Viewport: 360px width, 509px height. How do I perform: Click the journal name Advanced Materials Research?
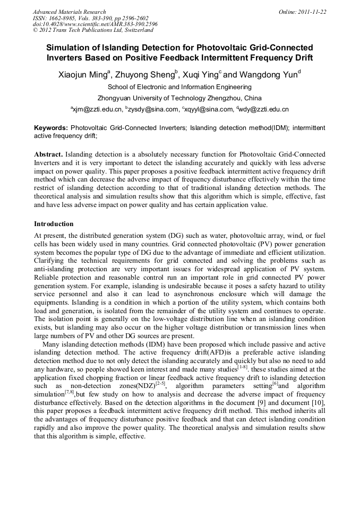[x=69, y=12]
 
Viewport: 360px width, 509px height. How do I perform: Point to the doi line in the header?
[x=95, y=24]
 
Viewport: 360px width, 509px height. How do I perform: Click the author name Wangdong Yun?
[x=271, y=75]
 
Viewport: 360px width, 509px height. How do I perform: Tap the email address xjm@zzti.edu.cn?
[x=98, y=109]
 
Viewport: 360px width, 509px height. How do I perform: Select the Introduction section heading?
[x=54, y=224]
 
